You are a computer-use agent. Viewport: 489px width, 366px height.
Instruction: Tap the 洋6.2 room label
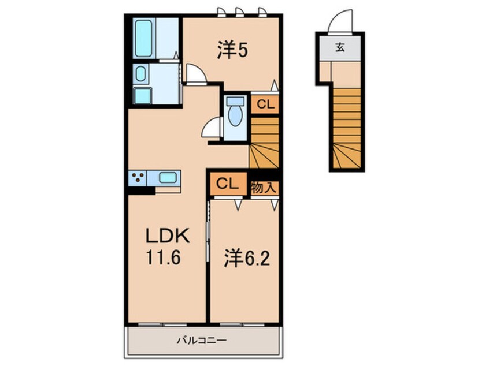tap(246, 258)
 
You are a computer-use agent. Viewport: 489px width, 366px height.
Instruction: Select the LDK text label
tap(168, 236)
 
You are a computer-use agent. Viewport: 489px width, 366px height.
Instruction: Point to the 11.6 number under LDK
tap(164, 258)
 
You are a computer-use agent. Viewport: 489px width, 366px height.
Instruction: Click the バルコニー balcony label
tap(202, 340)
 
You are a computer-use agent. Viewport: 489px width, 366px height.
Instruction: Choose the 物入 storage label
tap(264, 188)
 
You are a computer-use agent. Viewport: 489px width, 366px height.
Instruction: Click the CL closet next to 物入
tap(228, 184)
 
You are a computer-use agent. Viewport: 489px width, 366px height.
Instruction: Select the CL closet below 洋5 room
tap(265, 104)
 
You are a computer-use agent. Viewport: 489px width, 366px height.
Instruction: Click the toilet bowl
tap(235, 111)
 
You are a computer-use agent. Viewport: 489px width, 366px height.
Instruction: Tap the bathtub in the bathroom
tap(144, 38)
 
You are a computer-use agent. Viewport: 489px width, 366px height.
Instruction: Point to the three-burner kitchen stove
tap(137, 178)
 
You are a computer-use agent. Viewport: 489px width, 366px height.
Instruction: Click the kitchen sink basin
tap(168, 178)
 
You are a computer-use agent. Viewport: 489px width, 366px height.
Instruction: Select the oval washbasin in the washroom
tap(140, 74)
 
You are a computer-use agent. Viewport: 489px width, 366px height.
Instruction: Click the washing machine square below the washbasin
tap(143, 96)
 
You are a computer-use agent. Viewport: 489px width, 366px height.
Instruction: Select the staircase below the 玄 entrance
tap(347, 128)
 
